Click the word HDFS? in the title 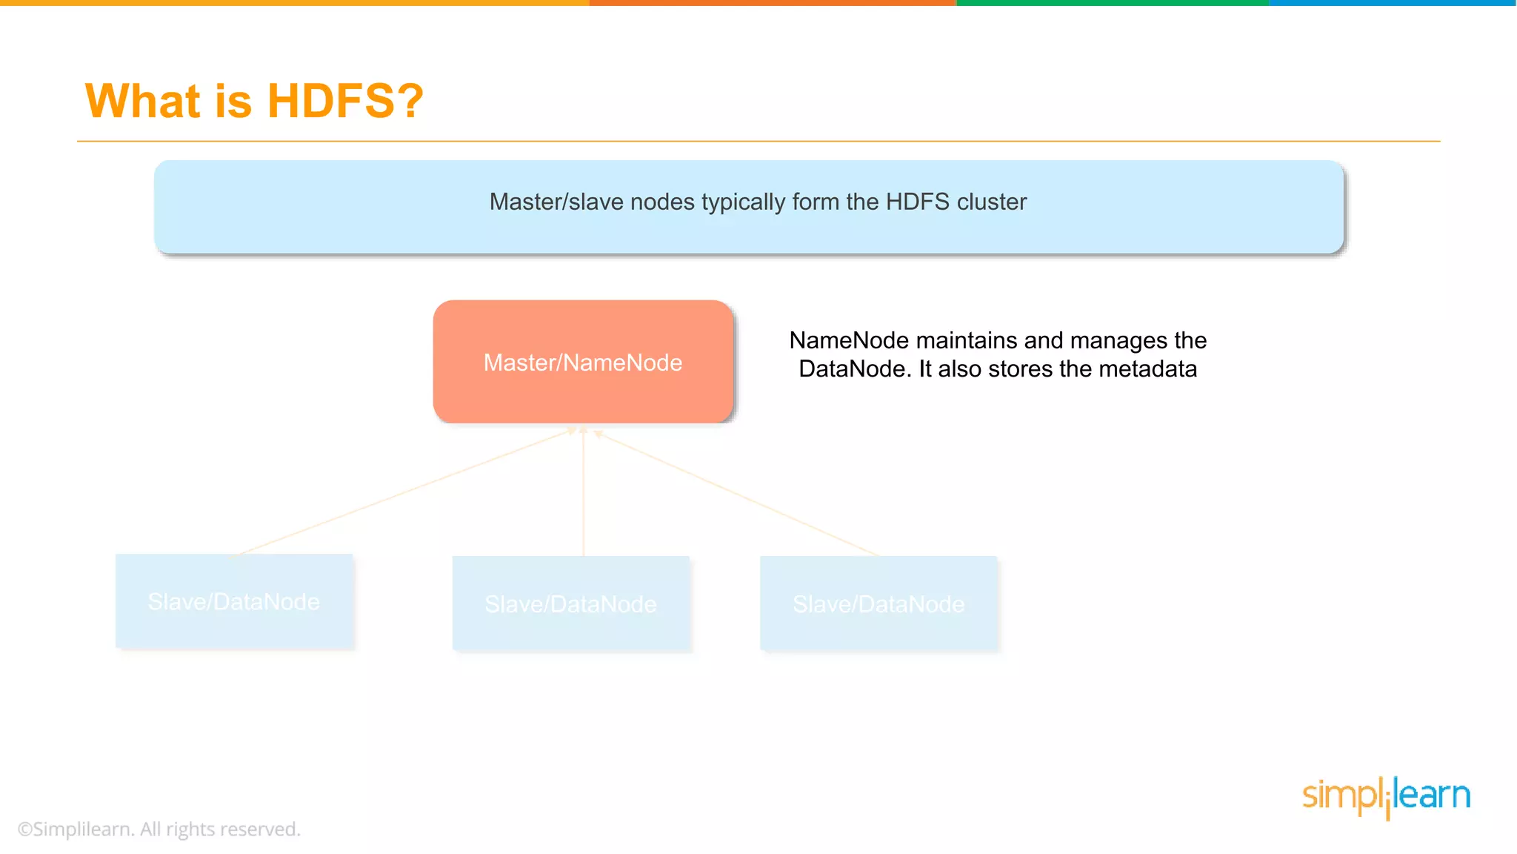pos(345,101)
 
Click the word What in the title pos(143,101)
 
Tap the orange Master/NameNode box pos(583,362)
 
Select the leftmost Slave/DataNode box pos(234,602)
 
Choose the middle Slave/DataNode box pos(571,604)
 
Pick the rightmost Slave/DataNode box pos(879,604)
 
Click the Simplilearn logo pos(1386,796)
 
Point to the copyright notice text pos(159,829)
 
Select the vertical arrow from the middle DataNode pos(584,493)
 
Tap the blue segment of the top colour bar pos(1393,3)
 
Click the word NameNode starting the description pos(849,340)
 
